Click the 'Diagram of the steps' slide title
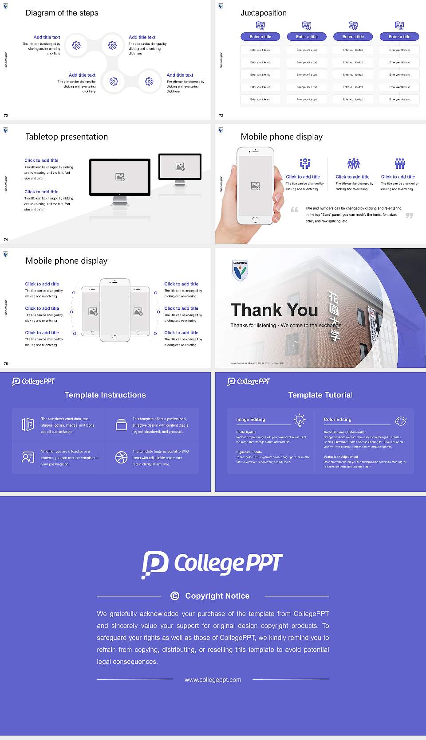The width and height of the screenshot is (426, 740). [62, 13]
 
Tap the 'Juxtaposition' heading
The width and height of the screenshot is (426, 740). [263, 13]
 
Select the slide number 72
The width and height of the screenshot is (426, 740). [6, 116]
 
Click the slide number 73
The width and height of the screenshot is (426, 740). [221, 116]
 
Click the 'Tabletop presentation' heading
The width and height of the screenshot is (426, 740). [67, 137]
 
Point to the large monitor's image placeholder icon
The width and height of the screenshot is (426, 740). [120, 177]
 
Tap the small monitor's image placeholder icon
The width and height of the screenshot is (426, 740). [180, 167]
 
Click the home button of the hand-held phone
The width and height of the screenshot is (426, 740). [255, 219]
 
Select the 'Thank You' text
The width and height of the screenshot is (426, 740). [274, 310]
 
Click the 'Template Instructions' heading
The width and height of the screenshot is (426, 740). [105, 395]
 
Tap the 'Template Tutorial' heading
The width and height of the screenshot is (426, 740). [320, 395]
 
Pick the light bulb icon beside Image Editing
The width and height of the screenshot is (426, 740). [300, 420]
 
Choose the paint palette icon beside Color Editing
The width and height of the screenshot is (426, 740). [401, 421]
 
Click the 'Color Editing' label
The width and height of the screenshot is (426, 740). [337, 420]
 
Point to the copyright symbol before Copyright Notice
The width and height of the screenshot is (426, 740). [175, 596]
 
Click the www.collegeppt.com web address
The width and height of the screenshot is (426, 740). [213, 680]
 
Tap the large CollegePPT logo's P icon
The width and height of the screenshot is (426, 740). [155, 565]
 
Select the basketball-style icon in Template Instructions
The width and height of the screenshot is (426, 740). [121, 457]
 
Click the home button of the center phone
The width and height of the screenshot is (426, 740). [114, 338]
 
